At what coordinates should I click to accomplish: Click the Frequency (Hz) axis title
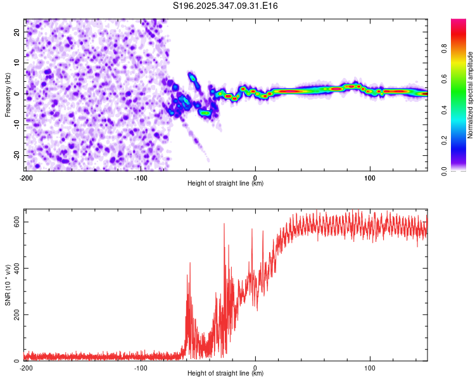click(8, 94)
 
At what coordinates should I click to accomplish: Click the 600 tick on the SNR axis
click(16, 222)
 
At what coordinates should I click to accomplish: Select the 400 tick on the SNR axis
click(16, 268)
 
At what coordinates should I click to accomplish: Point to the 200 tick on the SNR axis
click(16, 314)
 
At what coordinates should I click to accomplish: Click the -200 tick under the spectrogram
click(26, 177)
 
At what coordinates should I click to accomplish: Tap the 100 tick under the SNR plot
click(370, 367)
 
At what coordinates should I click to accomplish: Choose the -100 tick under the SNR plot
click(141, 367)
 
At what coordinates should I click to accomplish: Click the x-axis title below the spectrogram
click(226, 184)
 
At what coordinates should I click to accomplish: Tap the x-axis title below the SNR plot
click(226, 374)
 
